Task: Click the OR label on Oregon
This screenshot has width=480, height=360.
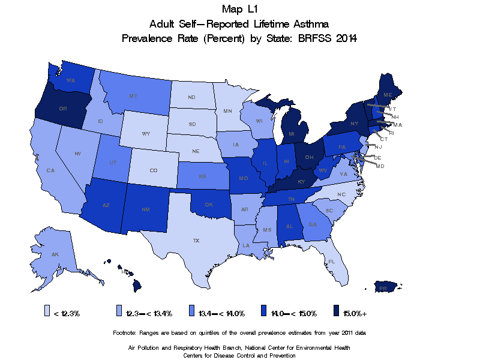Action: pyautogui.click(x=62, y=109)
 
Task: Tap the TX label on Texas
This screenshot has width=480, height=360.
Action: pyautogui.click(x=196, y=240)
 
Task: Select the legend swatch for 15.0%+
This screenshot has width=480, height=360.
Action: pyautogui.click(x=337, y=311)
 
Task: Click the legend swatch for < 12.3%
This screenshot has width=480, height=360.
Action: pyautogui.click(x=48, y=311)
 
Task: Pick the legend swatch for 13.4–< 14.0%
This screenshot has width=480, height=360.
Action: pyautogui.click(x=192, y=311)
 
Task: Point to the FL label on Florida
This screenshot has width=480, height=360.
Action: pyautogui.click(x=331, y=262)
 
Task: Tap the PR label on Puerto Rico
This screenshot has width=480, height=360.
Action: pyautogui.click(x=382, y=289)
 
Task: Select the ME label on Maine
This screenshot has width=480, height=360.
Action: pyautogui.click(x=388, y=95)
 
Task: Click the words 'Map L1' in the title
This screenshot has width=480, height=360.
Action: pyautogui.click(x=239, y=9)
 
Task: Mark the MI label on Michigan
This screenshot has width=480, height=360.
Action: pyautogui.click(x=291, y=133)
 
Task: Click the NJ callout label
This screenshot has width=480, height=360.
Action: pyautogui.click(x=379, y=146)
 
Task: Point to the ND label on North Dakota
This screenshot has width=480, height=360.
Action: pyautogui.click(x=191, y=97)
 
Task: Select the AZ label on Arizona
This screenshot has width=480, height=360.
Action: pyautogui.click(x=106, y=205)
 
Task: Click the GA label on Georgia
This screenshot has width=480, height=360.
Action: pyautogui.click(x=313, y=224)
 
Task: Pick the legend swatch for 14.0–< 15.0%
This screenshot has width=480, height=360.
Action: pyautogui.click(x=265, y=311)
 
